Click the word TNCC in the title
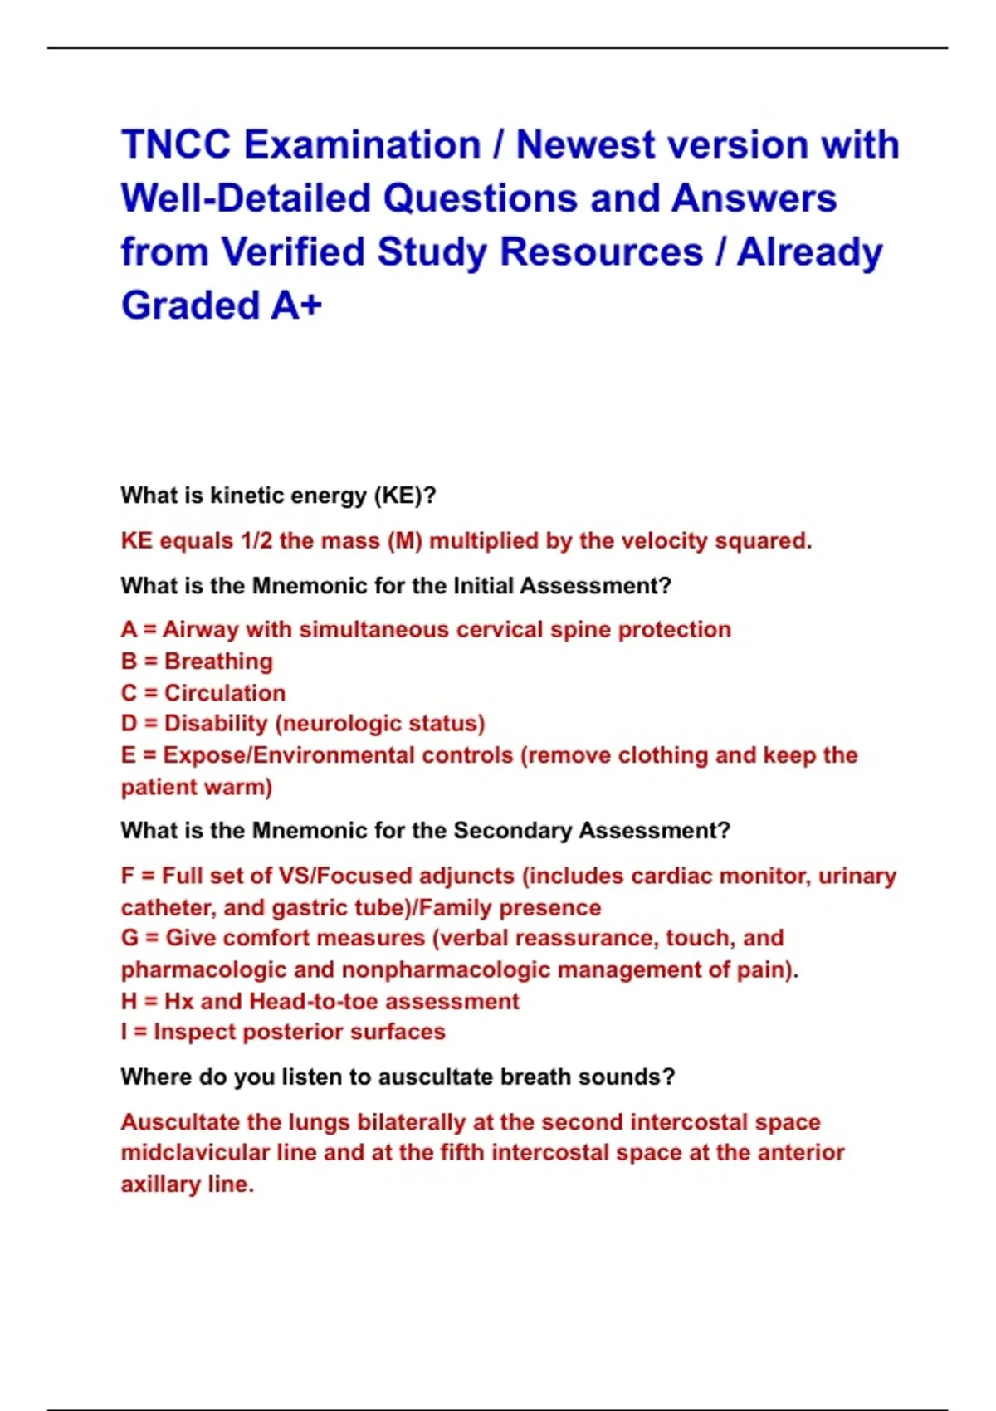pyautogui.click(x=175, y=145)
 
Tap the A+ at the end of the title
pyautogui.click(x=295, y=305)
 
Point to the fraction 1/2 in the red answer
pyautogui.click(x=256, y=541)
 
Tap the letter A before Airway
pyautogui.click(x=129, y=630)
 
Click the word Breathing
pyautogui.click(x=218, y=662)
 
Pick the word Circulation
pyautogui.click(x=224, y=693)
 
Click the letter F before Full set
pyautogui.click(x=128, y=876)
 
